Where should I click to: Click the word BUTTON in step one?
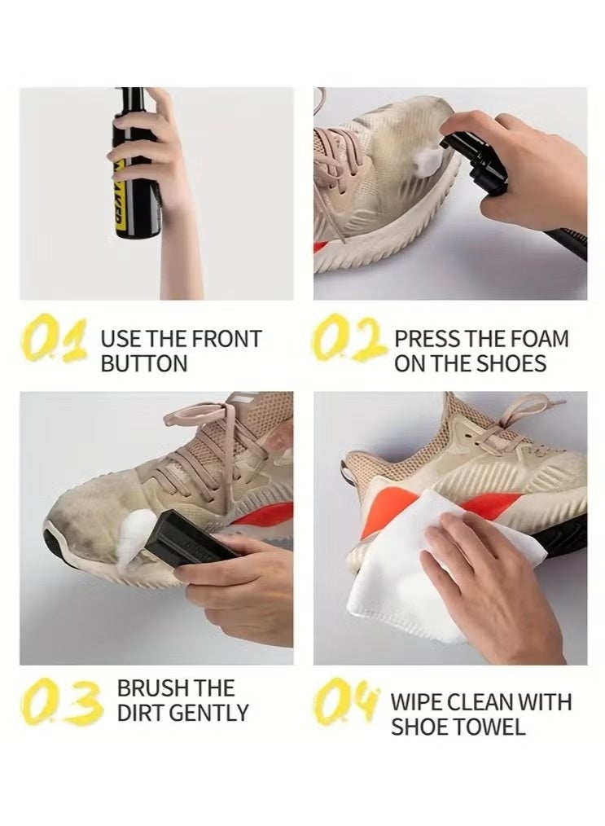(144, 363)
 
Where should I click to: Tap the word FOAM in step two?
(538, 339)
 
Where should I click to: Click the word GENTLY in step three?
(209, 714)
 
